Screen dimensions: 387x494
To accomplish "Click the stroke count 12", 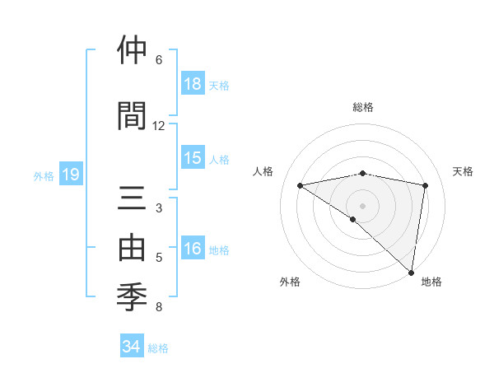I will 159,126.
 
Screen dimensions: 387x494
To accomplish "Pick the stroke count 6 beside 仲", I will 159,60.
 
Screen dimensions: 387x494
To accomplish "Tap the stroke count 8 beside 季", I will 159,308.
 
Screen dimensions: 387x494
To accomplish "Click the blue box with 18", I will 193,84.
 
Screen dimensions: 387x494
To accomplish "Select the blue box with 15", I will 193,158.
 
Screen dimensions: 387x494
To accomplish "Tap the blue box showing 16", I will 193,249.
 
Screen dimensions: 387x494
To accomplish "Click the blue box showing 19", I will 71,175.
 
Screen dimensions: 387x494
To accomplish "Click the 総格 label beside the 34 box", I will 158,348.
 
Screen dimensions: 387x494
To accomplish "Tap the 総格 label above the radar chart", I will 363,107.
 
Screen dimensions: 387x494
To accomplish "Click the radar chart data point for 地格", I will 411,271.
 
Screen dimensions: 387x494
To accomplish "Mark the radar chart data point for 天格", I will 426,185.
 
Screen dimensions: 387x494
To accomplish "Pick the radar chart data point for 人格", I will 301,185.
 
